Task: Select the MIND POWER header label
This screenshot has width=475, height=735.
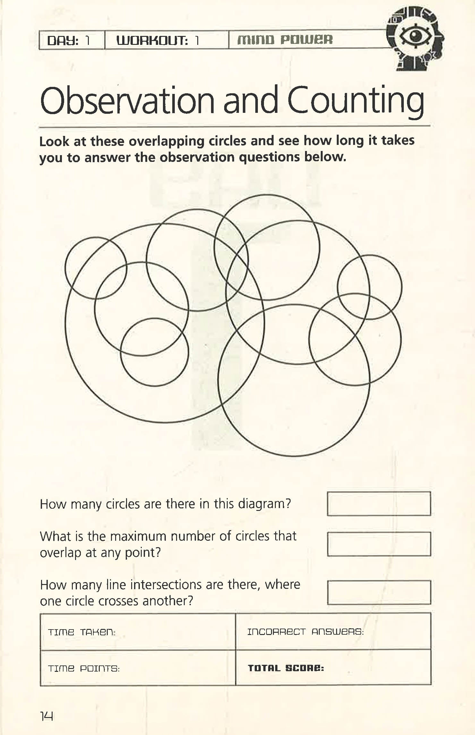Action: point(285,40)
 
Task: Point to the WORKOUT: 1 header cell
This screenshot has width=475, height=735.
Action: point(166,40)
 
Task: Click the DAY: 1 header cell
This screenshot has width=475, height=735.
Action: point(72,40)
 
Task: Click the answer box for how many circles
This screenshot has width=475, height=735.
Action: point(379,504)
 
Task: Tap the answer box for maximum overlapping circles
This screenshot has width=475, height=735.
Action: point(379,544)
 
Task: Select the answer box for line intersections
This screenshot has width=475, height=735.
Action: point(379,592)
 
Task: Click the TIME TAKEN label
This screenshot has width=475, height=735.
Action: point(81,632)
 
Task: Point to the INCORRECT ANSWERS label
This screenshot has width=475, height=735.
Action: point(305,632)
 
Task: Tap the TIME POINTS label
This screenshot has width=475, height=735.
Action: point(84,669)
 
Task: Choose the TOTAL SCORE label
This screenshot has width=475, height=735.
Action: point(286,668)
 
